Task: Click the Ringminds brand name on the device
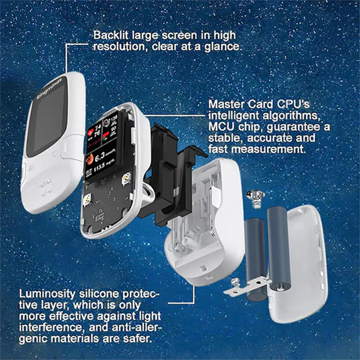(49, 89)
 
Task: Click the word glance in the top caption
(223, 46)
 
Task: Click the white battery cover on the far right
(306, 265)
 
